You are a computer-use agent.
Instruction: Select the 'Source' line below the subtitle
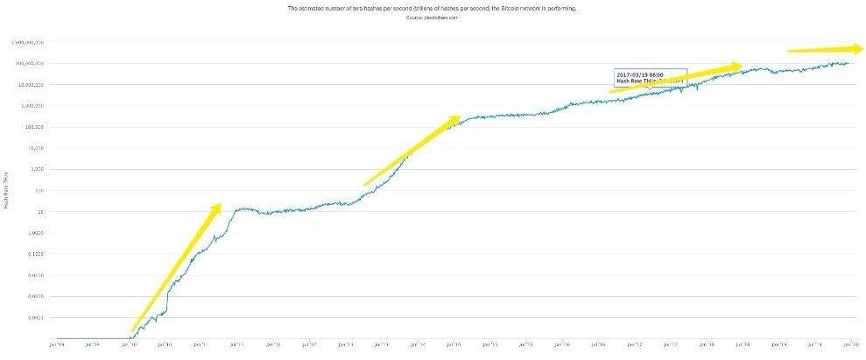[x=432, y=17]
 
